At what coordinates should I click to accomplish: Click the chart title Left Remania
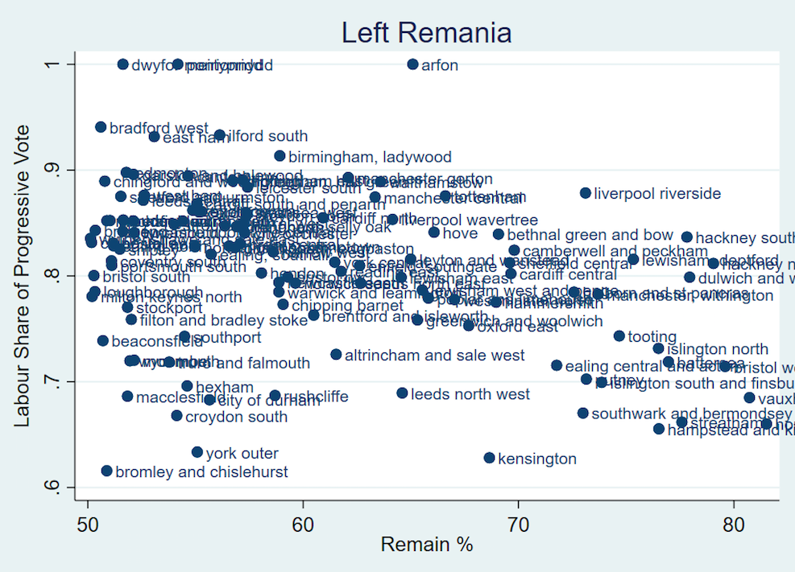pos(426,32)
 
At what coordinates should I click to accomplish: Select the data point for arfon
pos(413,64)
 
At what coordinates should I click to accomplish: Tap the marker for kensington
pos(489,458)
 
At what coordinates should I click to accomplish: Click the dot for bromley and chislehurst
pos(106,471)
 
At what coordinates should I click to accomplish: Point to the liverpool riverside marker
pos(586,193)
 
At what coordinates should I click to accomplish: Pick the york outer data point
pos(197,452)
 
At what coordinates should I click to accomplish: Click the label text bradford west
pos(159,128)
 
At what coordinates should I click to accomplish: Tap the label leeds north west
pos(470,394)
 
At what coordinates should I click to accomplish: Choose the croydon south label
pos(236,417)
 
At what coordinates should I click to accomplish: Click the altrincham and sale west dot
pos(336,354)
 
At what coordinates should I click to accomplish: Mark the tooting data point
pos(619,336)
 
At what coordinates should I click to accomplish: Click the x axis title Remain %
pos(427,545)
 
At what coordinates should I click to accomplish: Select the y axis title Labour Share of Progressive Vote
pos(23,276)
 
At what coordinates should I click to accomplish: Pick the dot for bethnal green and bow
pos(499,235)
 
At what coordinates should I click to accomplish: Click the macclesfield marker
pos(127,396)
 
